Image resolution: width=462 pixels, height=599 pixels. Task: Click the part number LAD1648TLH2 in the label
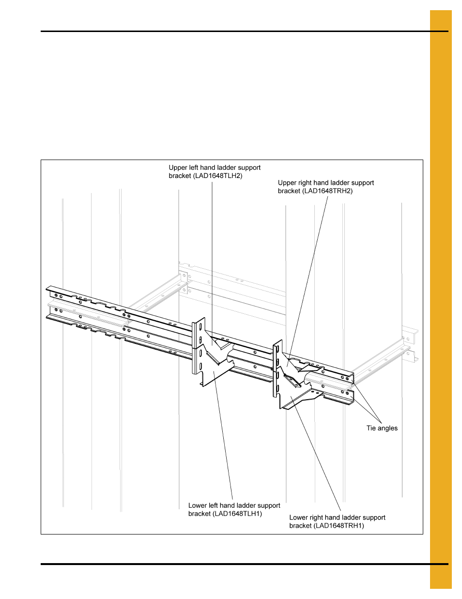218,176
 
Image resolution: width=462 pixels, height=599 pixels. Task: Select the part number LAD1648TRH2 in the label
328,191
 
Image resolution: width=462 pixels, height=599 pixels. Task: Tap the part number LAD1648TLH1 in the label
237,514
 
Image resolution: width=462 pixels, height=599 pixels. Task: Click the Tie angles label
382,428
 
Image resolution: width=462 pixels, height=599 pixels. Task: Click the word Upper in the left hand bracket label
178,168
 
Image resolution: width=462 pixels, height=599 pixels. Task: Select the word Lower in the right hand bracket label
299,518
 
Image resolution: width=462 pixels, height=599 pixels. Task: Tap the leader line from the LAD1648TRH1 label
317,456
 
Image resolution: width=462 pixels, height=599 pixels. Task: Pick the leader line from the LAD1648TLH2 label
212,252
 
